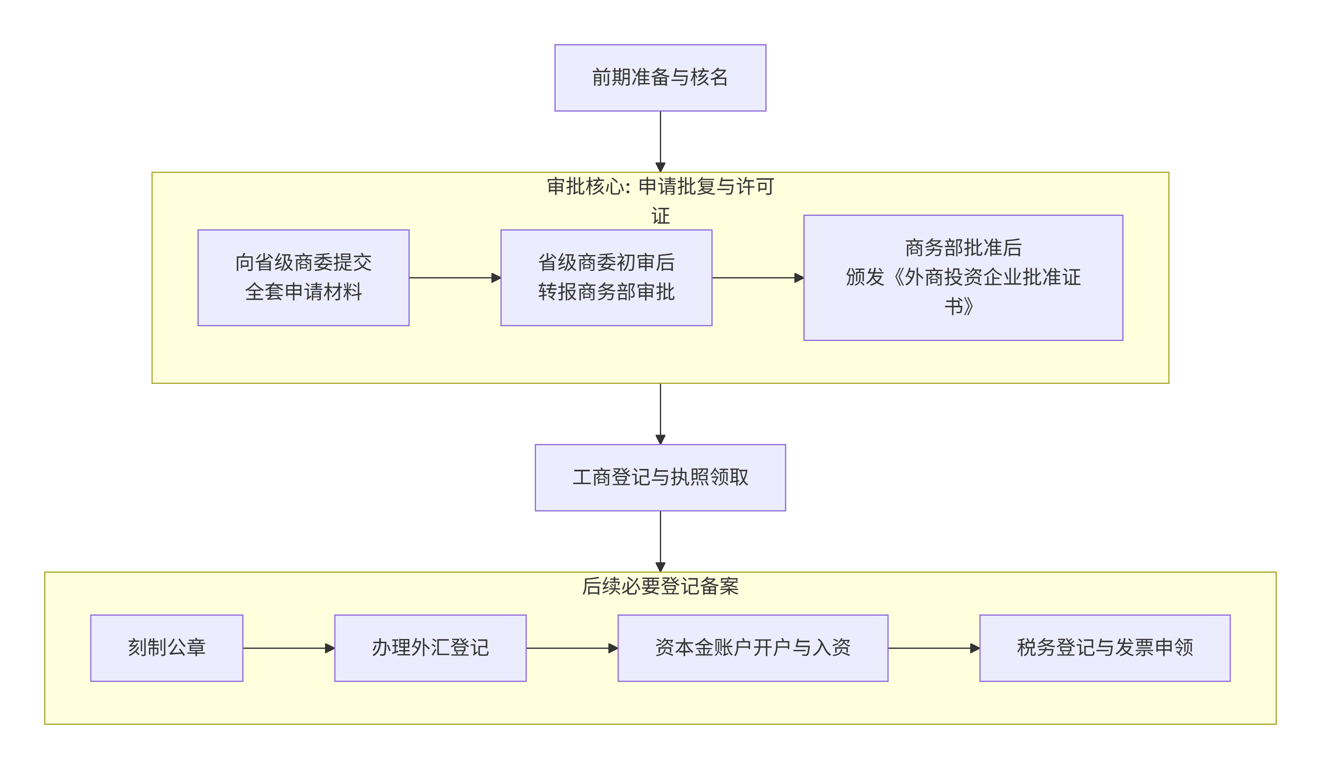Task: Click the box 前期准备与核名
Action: [660, 78]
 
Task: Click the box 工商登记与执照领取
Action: [660, 477]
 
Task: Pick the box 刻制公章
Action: [167, 648]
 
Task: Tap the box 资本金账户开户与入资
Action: [752, 648]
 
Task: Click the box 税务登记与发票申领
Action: [1104, 648]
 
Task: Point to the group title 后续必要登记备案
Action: [660, 586]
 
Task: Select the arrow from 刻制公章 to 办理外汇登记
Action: [288, 648]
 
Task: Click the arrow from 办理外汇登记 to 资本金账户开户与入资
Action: [572, 648]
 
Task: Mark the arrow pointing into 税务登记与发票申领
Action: [933, 648]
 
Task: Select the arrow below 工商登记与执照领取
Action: [660, 540]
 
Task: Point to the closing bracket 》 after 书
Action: [968, 306]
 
